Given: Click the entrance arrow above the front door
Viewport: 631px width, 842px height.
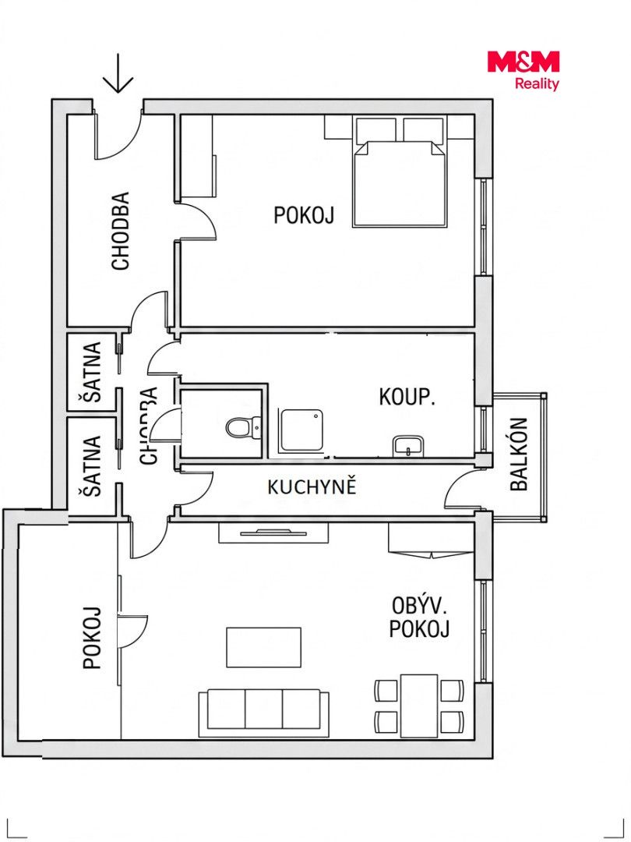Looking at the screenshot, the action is click(x=118, y=73).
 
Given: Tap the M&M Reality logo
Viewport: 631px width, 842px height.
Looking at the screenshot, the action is click(x=523, y=70).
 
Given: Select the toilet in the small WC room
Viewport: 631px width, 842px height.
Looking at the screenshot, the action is click(x=242, y=428).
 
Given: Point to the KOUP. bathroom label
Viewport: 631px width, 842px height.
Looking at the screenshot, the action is click(x=407, y=398).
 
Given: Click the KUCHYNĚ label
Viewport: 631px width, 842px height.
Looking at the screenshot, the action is click(x=312, y=486).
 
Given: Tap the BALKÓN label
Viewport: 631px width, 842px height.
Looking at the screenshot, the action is click(x=520, y=455).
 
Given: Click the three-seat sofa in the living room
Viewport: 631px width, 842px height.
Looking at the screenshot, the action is click(x=263, y=713).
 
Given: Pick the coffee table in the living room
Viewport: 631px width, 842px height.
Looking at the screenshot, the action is click(x=263, y=647).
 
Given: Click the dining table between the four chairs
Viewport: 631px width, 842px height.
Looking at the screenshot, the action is click(x=419, y=706).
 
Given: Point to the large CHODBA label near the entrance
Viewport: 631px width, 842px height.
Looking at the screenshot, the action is click(x=121, y=231).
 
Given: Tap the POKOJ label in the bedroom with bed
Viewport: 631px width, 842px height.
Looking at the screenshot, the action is click(x=304, y=215).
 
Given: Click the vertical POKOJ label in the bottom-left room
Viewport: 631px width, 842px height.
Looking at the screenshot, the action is click(x=92, y=638).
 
